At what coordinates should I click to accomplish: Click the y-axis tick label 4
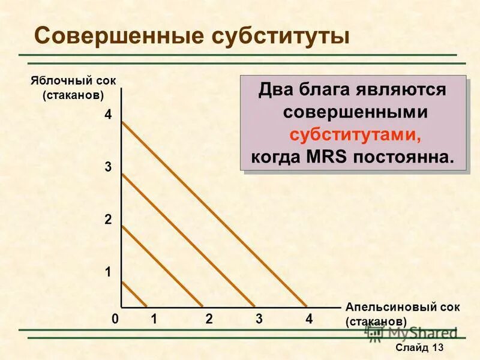coord(108,115)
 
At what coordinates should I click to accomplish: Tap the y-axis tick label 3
coord(108,168)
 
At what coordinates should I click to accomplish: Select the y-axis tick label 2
coord(108,220)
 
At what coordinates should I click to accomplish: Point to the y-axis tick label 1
coord(108,272)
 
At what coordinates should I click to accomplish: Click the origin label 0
coord(115,319)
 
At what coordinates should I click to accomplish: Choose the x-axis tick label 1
coord(154,319)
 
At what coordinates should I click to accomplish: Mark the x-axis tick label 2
coord(208,319)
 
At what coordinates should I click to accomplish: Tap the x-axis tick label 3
coord(259,319)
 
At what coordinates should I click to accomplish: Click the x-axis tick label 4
coord(309,319)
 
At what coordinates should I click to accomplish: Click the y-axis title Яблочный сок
coord(73,81)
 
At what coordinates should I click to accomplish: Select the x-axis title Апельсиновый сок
coord(403,307)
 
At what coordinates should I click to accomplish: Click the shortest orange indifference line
coord(134,293)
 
